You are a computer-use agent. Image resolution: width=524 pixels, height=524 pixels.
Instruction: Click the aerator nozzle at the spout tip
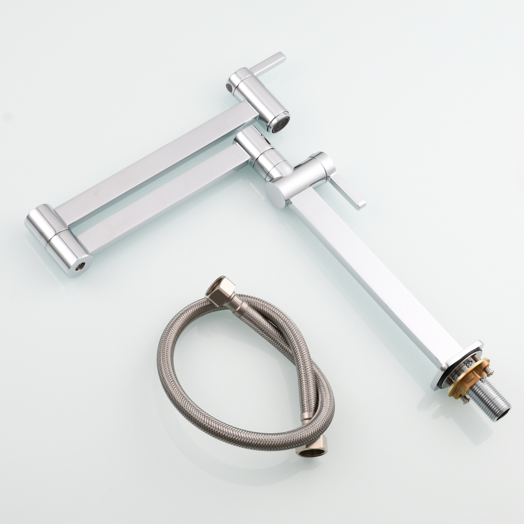click(x=279, y=123)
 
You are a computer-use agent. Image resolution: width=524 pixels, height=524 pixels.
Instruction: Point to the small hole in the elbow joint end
click(x=80, y=267)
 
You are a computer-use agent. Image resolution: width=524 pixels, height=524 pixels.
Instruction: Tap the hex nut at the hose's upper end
click(x=219, y=290)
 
